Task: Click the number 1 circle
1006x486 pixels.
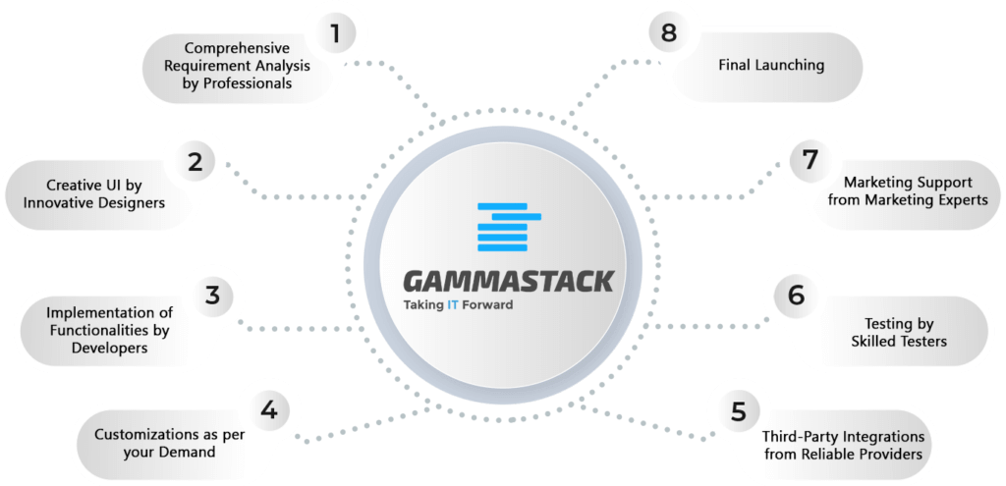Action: click(x=334, y=32)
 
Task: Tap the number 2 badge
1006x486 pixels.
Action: click(x=195, y=161)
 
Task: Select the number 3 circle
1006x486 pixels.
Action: click(x=212, y=296)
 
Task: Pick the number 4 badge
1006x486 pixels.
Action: click(x=269, y=409)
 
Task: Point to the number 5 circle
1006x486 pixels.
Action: click(x=739, y=411)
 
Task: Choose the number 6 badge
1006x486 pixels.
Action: click(x=794, y=296)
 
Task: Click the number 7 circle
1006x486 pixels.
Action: click(x=810, y=160)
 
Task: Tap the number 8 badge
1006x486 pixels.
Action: click(x=668, y=31)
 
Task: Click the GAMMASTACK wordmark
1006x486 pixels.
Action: click(x=508, y=281)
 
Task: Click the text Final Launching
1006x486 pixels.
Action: click(x=770, y=65)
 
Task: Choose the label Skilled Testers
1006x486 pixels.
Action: click(x=899, y=342)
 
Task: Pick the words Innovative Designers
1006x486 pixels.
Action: click(x=105, y=203)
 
